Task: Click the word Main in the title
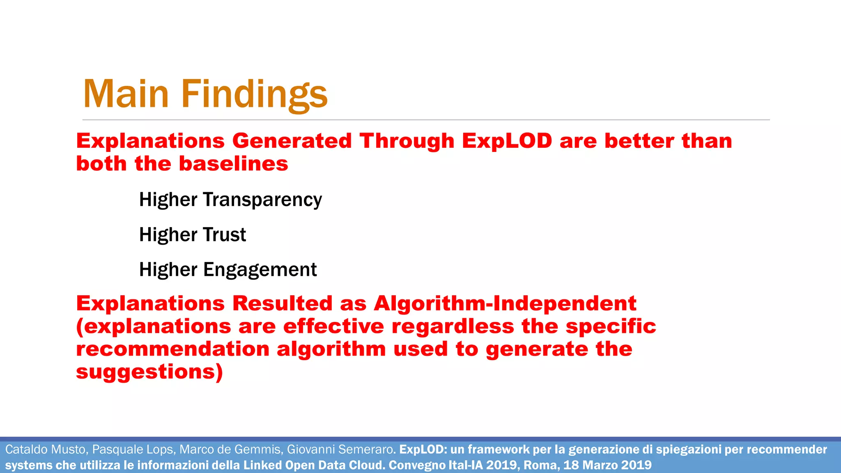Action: pos(126,94)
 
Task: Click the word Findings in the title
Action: pos(254,94)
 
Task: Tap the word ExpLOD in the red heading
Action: pos(507,141)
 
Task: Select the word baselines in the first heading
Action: pos(233,163)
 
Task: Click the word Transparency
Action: pos(262,200)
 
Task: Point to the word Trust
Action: pos(224,235)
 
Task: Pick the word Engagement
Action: pos(260,270)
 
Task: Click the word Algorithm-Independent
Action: pos(505,303)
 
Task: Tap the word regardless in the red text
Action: pos(453,326)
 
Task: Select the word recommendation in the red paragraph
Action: pos(172,349)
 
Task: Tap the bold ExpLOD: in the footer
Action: pos(423,450)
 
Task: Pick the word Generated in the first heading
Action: pos(292,141)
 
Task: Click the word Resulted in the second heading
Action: pos(282,303)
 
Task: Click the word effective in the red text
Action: pos(333,326)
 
